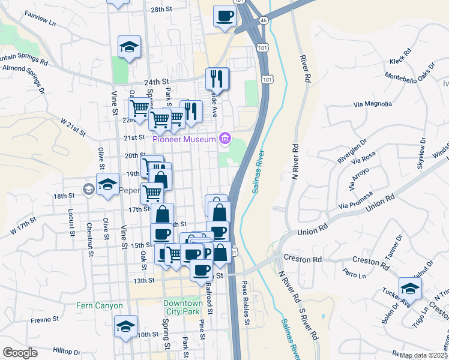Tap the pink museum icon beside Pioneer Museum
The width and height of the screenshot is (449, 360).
[225, 139]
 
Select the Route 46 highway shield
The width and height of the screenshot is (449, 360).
[264, 20]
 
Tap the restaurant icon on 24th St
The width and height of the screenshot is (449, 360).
[217, 79]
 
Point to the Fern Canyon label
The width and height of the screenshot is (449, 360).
[100, 305]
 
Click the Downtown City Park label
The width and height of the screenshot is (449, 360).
[183, 308]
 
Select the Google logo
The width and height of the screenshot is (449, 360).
[20, 353]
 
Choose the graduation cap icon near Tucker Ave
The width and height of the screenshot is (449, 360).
[410, 288]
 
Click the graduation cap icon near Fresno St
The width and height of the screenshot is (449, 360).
[125, 327]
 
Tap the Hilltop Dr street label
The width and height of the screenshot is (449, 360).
[67, 352]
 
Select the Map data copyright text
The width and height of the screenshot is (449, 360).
[424, 355]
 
